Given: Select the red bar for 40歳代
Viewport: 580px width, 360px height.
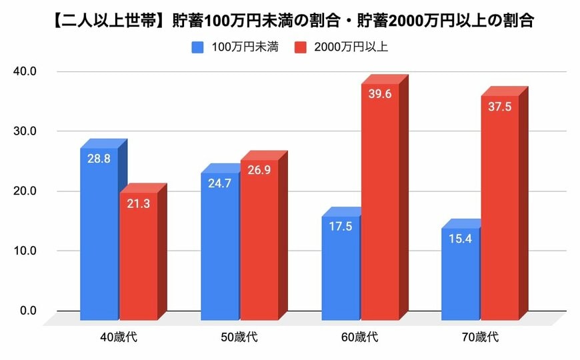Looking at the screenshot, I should tap(138, 253).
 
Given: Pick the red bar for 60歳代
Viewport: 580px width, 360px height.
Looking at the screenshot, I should tap(379, 200).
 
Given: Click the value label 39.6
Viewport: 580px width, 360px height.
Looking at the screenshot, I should tap(379, 94).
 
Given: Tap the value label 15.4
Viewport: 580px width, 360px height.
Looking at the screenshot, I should tap(459, 239).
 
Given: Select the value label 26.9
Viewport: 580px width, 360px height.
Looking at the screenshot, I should tap(259, 171).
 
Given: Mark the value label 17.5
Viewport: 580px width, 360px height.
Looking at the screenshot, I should tap(339, 227).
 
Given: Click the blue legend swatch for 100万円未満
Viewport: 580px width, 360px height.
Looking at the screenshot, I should tap(198, 47).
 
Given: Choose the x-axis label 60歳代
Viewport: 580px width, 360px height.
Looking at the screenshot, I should tap(359, 337).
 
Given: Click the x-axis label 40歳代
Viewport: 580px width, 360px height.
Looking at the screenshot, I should tap(118, 337).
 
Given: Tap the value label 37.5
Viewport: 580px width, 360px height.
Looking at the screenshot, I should tap(499, 107).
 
